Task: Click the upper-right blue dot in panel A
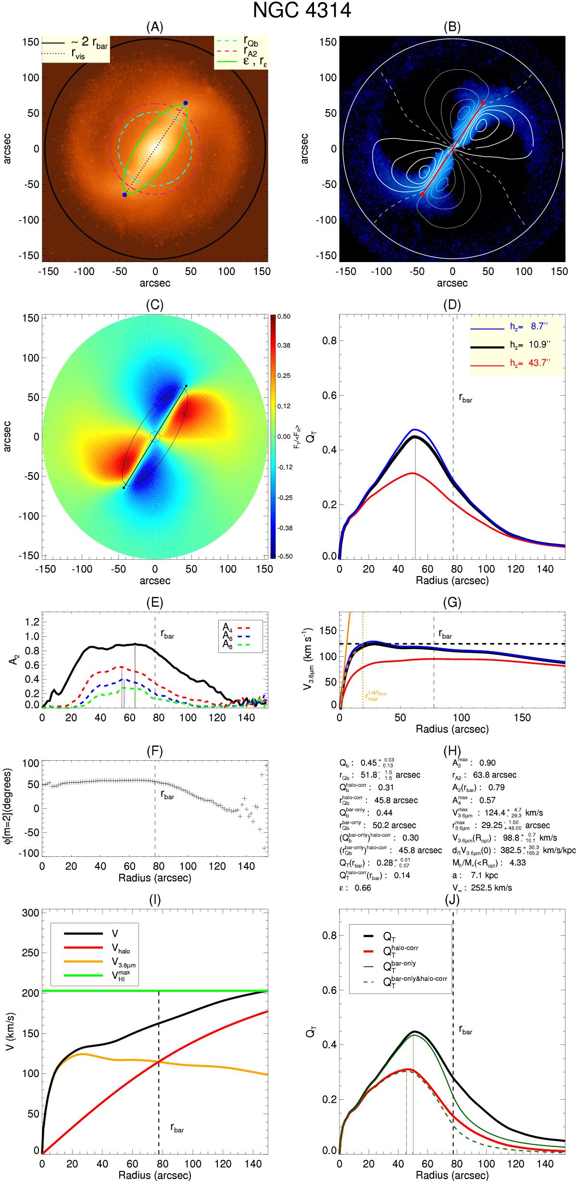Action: click(x=186, y=103)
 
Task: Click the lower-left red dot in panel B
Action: click(x=422, y=194)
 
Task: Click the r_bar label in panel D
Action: click(x=465, y=398)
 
